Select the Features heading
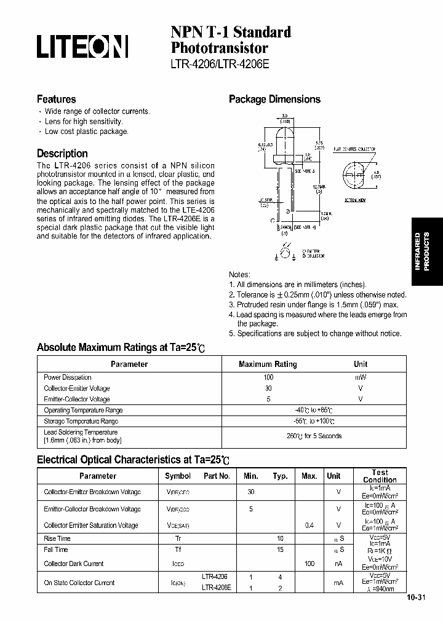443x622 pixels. [56, 99]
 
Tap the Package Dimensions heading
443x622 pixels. [274, 99]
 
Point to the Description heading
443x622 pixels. [62, 154]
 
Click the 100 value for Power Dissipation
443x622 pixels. [268, 377]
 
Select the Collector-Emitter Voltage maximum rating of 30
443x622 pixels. [268, 388]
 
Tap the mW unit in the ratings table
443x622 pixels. [361, 377]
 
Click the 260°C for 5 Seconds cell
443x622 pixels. [314, 436]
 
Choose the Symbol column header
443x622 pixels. [178, 476]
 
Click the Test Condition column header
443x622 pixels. [380, 476]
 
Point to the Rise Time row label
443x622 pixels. [57, 538]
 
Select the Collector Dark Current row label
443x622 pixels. [74, 564]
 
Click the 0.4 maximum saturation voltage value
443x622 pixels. [309, 525]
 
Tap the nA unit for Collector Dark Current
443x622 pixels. [338, 564]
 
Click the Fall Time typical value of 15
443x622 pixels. [280, 549]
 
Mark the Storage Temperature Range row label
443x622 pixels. [81, 421]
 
